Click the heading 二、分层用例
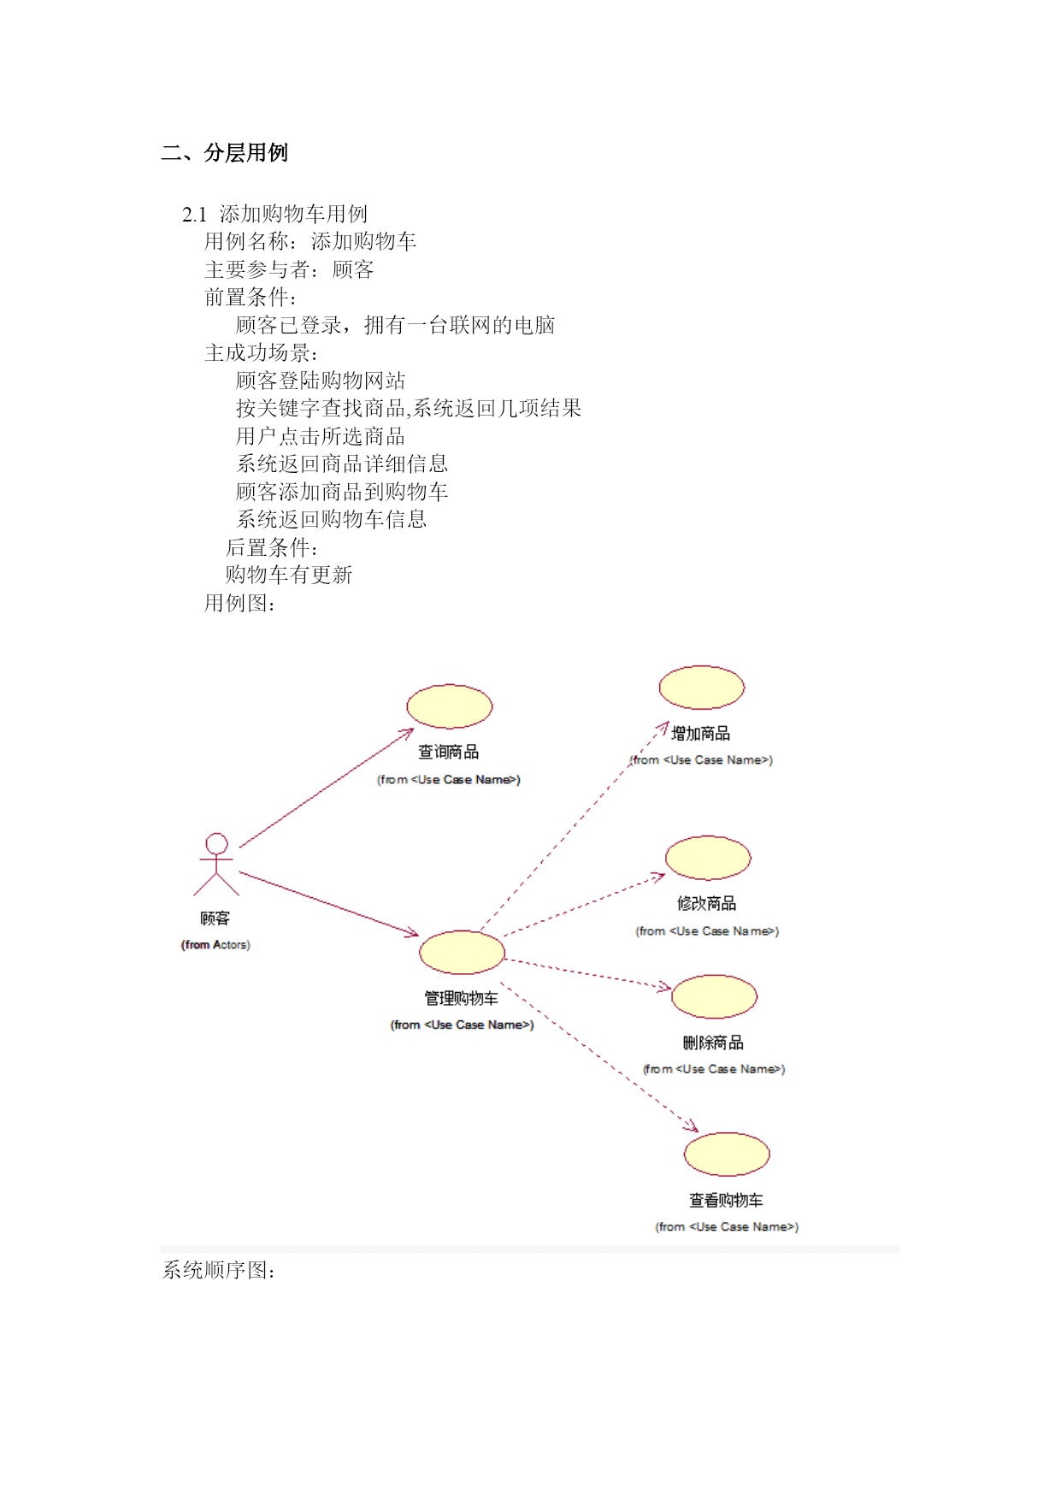point(225,152)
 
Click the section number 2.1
point(194,214)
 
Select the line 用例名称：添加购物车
point(310,241)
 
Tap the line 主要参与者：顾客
point(289,269)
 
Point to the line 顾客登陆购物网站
point(321,381)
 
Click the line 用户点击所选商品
point(321,436)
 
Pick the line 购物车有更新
point(289,575)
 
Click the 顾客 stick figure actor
point(216,865)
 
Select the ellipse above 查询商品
point(450,706)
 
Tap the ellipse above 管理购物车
point(462,952)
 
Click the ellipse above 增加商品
point(702,688)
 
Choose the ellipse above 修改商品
point(708,858)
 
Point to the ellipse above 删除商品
point(715,996)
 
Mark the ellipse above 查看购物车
point(727,1154)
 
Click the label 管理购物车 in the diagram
point(462,998)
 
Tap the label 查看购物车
point(727,1200)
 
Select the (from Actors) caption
point(215,944)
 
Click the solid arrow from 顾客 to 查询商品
point(327,788)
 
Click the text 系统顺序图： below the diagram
point(219,1270)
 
